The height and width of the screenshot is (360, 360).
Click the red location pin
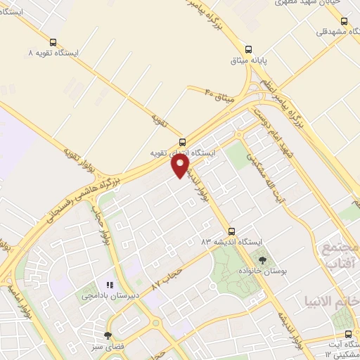tap(181, 165)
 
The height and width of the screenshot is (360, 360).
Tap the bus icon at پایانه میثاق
tap(249, 48)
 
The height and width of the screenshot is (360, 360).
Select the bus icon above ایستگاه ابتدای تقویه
tap(182, 141)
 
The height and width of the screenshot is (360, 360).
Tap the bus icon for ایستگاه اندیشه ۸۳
tap(231, 230)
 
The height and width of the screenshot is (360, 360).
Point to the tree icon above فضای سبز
tap(108, 335)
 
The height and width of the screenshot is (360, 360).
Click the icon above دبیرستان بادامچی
tap(109, 285)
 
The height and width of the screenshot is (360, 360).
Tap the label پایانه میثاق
tap(249, 60)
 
